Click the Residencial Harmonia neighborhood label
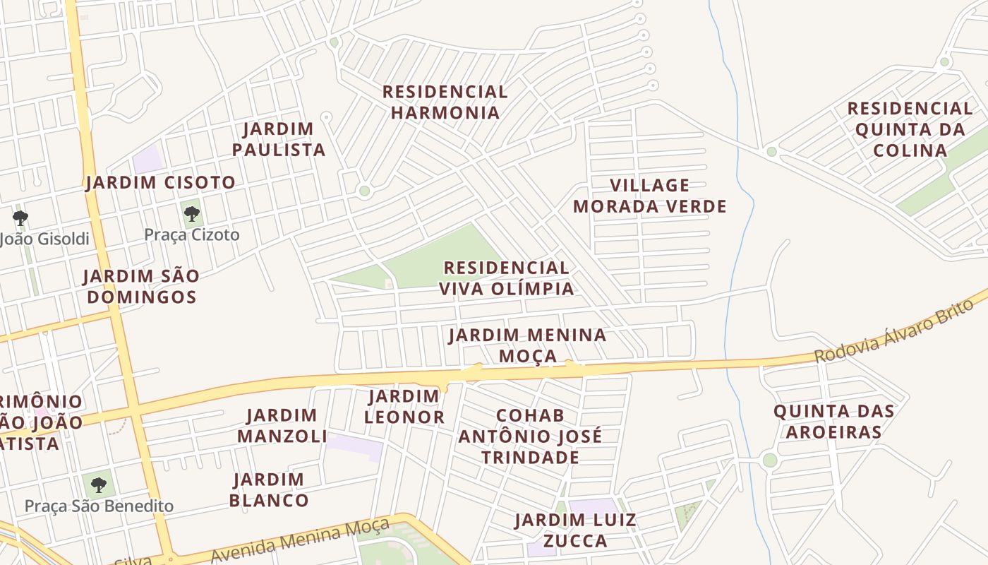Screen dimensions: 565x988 pos(445,102)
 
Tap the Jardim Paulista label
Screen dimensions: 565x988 pos(279,139)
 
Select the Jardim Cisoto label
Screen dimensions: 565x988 pos(160,182)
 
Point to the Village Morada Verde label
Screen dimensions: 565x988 pos(649,196)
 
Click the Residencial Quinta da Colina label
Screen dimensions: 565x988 pos(910,129)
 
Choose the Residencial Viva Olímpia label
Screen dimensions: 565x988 pos(506,278)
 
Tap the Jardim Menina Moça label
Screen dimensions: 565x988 pos(528,345)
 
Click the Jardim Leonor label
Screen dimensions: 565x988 pos(404,407)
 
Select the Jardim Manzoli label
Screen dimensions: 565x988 pos(282,426)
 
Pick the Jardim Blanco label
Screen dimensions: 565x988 pos(269,490)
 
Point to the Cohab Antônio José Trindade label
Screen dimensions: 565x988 pos(530,436)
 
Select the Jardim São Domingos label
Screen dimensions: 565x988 pos(141,286)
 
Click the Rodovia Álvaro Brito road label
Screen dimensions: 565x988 pos(893,331)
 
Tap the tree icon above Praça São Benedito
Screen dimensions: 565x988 pos(99,484)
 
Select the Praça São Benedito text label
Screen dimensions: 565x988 pos(99,506)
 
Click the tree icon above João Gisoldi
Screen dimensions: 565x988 pos(20,218)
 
